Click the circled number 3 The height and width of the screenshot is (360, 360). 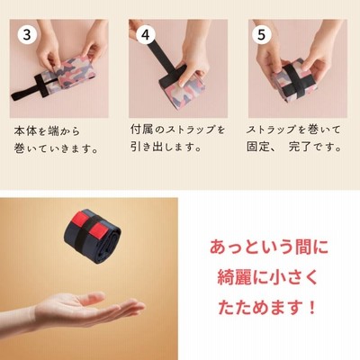pos(27,35)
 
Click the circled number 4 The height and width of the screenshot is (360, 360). pos(146,35)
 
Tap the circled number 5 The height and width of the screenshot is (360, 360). pos(262,35)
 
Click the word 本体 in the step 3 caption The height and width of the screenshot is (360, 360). pos(26,131)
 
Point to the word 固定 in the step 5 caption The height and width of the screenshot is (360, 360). pos(259,147)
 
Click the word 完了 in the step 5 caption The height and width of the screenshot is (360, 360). pos(301,147)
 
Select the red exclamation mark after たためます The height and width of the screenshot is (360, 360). pos(312,308)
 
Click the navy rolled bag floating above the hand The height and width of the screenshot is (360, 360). pos(92,232)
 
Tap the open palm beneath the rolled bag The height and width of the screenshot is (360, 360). pos(90,309)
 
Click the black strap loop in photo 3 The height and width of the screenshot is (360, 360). pos(29,87)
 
